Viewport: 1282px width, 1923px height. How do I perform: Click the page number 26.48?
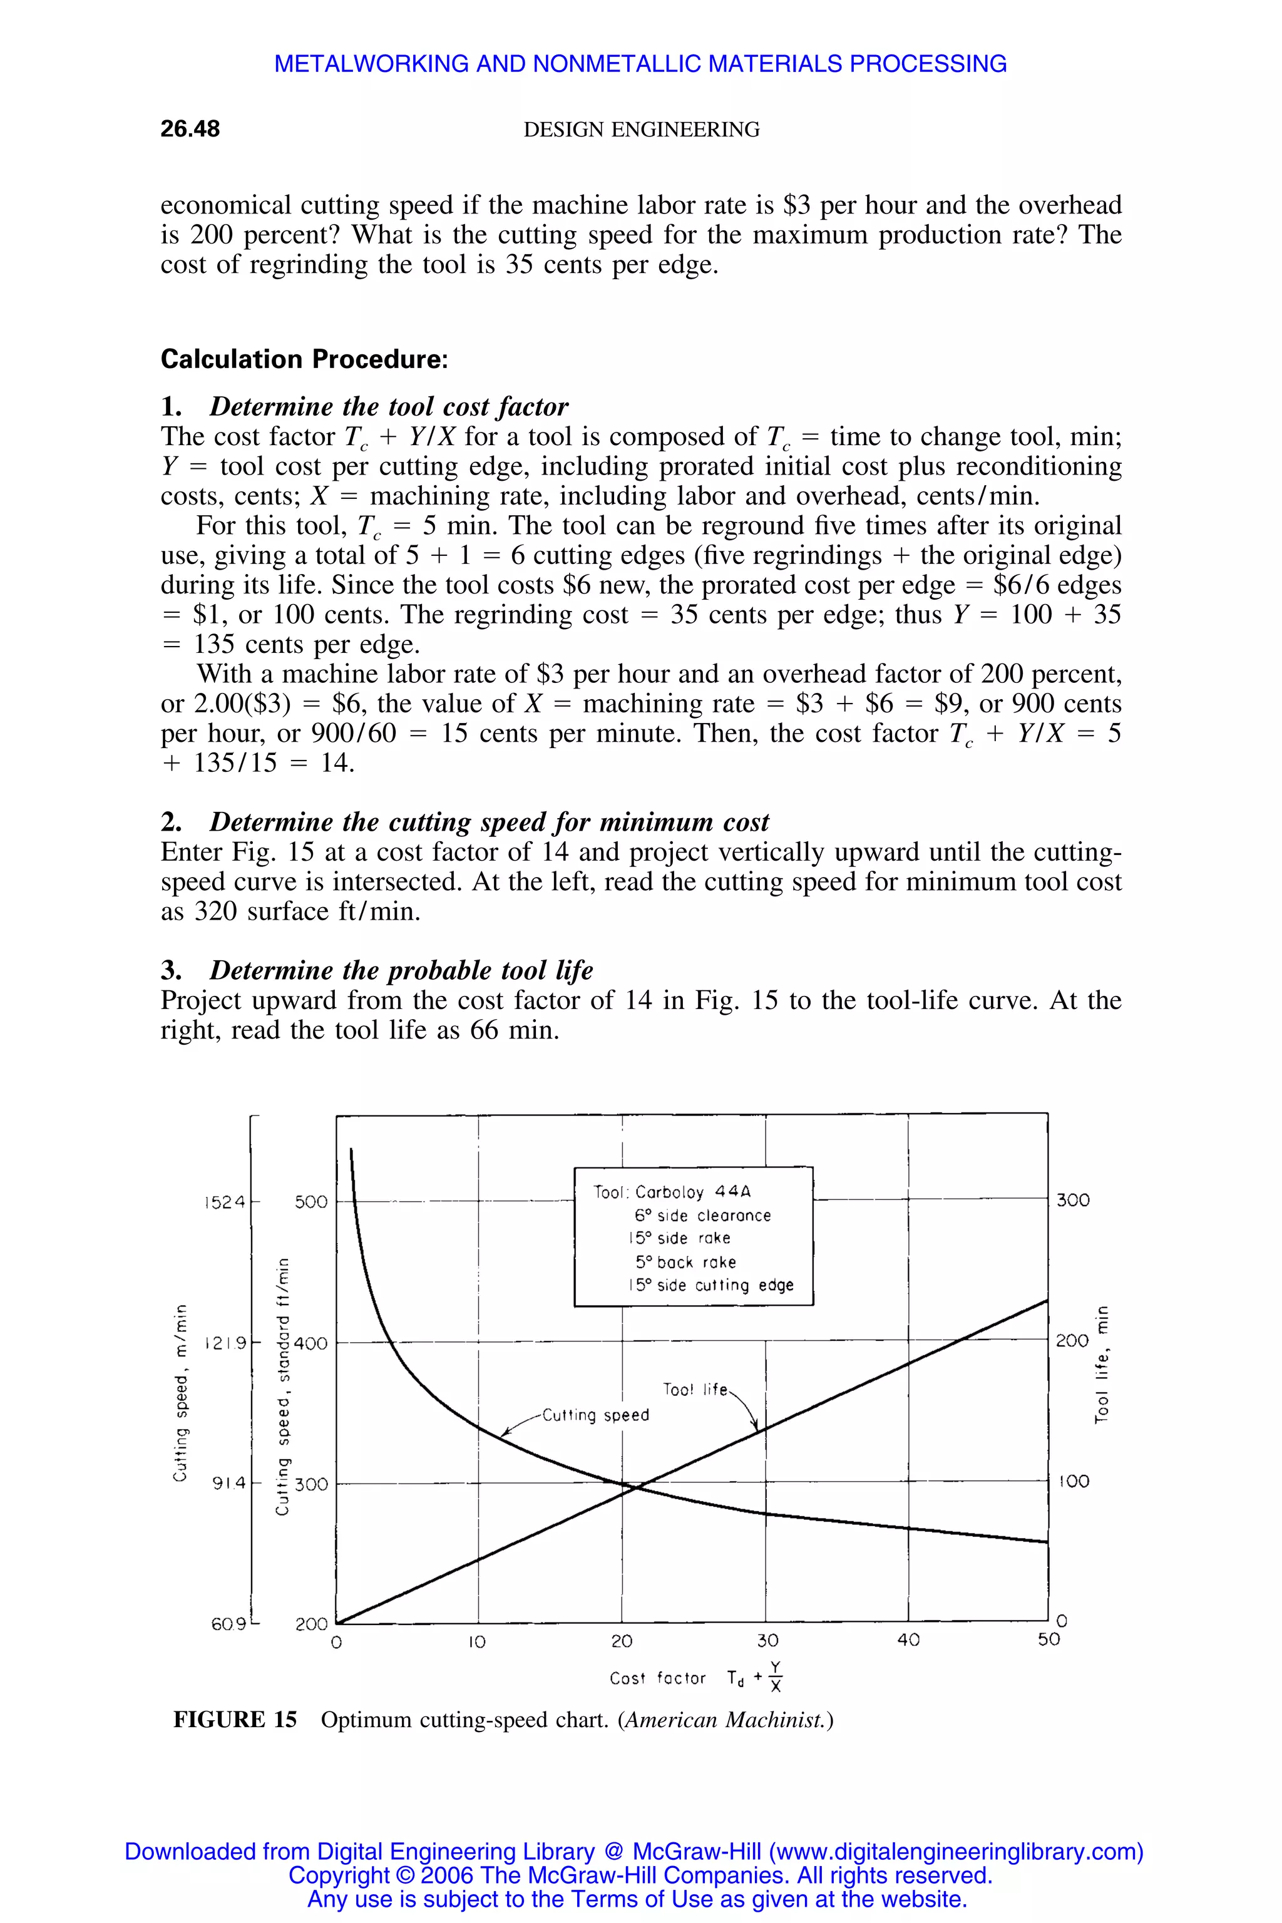pyautogui.click(x=190, y=129)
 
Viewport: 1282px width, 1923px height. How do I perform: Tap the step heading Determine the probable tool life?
pyautogui.click(x=401, y=970)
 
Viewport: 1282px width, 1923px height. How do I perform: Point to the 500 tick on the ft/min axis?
pyautogui.click(x=310, y=1202)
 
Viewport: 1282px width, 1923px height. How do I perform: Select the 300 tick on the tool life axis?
pyautogui.click(x=1073, y=1200)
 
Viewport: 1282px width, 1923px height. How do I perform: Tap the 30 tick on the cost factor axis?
pyautogui.click(x=767, y=1640)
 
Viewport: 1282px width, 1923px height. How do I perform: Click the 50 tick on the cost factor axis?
pyautogui.click(x=1048, y=1639)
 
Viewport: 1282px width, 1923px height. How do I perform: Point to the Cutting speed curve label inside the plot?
pyautogui.click(x=595, y=1415)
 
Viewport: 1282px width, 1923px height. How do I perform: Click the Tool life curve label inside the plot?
pyautogui.click(x=695, y=1390)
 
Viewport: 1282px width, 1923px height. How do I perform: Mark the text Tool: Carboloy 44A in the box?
pyautogui.click(x=672, y=1192)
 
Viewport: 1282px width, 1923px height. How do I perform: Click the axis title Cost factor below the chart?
pyautogui.click(x=657, y=1678)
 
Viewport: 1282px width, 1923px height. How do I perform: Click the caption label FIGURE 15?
pyautogui.click(x=235, y=1720)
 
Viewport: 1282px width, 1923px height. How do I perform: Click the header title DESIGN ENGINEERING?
pyautogui.click(x=641, y=129)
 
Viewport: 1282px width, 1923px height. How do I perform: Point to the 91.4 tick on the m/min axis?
pyautogui.click(x=228, y=1483)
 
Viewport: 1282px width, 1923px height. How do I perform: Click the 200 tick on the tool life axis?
pyautogui.click(x=1072, y=1341)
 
